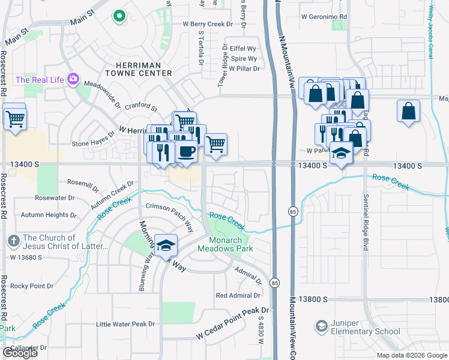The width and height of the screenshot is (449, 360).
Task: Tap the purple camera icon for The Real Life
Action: pos(74,79)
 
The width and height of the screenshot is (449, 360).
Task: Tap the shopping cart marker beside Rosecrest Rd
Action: pos(16,118)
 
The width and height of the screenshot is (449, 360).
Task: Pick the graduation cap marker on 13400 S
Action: pos(341,153)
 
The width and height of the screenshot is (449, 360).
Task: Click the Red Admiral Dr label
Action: pos(238,295)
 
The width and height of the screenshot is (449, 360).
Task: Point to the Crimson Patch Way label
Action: pos(169,214)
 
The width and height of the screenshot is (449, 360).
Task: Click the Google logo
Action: pos(20,352)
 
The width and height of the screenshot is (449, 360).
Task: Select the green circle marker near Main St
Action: pos(119,16)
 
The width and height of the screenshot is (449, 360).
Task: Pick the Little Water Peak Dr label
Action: pos(125,324)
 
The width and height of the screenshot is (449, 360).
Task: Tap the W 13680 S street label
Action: pos(25,257)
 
